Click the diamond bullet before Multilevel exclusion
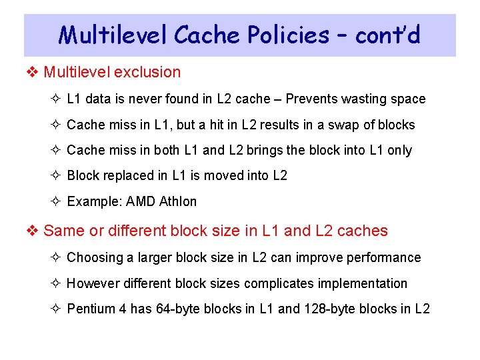[x=33, y=72]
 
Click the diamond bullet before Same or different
[x=33, y=231]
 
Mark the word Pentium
[x=91, y=309]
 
